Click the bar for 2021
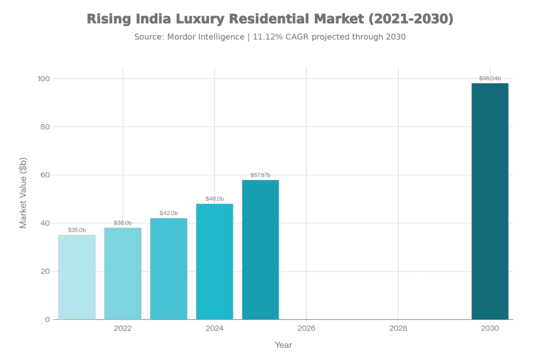[x=77, y=277]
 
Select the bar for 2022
[x=123, y=273]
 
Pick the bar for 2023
[x=169, y=268]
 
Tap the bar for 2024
[x=215, y=261]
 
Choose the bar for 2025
[x=261, y=249]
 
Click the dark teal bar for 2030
[x=490, y=201]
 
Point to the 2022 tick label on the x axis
[x=123, y=328]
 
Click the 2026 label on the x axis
[x=306, y=328]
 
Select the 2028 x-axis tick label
[x=398, y=328]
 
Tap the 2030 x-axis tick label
[x=490, y=328]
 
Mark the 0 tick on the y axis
[x=47, y=319]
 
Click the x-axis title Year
[x=283, y=345]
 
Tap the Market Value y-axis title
[x=23, y=192]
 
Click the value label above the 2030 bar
[x=490, y=78]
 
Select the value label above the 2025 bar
[x=261, y=175]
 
